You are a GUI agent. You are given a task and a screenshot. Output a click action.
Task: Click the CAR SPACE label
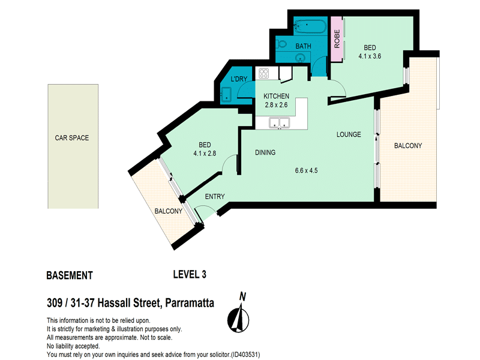[72, 138]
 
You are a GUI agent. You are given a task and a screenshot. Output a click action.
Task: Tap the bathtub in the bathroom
[310, 27]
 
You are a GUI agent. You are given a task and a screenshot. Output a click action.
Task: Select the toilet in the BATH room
[281, 43]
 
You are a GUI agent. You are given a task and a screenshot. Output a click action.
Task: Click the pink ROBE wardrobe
[337, 39]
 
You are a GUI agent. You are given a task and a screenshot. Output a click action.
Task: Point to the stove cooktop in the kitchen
[263, 73]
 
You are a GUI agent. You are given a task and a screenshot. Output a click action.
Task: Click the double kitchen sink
[279, 122]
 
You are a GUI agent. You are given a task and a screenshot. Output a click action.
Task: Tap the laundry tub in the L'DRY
[227, 94]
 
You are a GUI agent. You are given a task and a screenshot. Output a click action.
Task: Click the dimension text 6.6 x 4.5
[307, 170]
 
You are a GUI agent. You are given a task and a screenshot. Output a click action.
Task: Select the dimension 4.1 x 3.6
[370, 56]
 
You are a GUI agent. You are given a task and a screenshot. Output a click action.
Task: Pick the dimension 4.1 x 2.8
[205, 154]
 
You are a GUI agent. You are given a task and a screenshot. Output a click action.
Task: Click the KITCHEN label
[276, 96]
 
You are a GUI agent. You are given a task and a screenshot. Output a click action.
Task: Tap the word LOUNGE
[349, 134]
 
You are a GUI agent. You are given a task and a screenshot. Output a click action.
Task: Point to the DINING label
[265, 152]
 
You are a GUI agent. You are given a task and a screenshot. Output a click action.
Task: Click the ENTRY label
[215, 197]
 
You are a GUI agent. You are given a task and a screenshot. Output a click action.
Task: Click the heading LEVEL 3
[190, 274]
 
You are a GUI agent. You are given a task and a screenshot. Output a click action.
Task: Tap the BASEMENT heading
[70, 275]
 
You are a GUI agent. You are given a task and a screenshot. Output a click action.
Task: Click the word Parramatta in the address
[190, 303]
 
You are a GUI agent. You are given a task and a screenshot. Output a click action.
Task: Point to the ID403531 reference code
[245, 355]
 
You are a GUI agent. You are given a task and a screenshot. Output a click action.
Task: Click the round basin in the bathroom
[301, 57]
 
